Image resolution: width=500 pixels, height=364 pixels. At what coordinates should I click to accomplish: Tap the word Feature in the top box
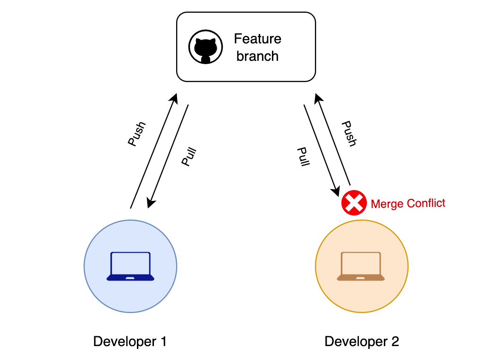pyautogui.click(x=258, y=38)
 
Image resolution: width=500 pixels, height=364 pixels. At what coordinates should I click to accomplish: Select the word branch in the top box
pyautogui.click(x=258, y=56)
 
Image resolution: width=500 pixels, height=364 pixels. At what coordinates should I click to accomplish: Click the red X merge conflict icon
pyautogui.click(x=354, y=203)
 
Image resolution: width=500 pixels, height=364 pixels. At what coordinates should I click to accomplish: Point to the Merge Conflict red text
pyautogui.click(x=408, y=204)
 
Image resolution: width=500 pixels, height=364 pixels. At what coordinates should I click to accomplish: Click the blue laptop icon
pyautogui.click(x=130, y=266)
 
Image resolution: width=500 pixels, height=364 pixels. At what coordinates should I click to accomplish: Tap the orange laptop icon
pyautogui.click(x=361, y=266)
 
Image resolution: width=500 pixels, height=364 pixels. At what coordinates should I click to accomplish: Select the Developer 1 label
pyautogui.click(x=130, y=341)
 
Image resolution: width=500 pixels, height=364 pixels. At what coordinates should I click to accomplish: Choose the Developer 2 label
pyautogui.click(x=362, y=341)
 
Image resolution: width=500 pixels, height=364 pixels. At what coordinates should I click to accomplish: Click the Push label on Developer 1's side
pyautogui.click(x=136, y=134)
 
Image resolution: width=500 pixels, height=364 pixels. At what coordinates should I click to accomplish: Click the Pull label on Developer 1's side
pyautogui.click(x=189, y=157)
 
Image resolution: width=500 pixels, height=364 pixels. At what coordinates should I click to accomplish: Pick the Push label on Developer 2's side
pyautogui.click(x=349, y=134)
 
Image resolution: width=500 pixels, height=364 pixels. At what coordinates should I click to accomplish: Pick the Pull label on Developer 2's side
pyautogui.click(x=303, y=157)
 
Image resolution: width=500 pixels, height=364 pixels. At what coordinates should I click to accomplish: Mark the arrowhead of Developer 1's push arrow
pyautogui.click(x=175, y=97)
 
